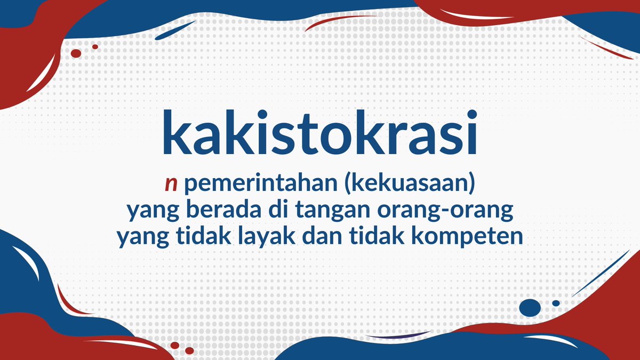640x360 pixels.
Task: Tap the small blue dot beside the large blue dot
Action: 556,303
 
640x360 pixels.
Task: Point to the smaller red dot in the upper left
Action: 95,47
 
